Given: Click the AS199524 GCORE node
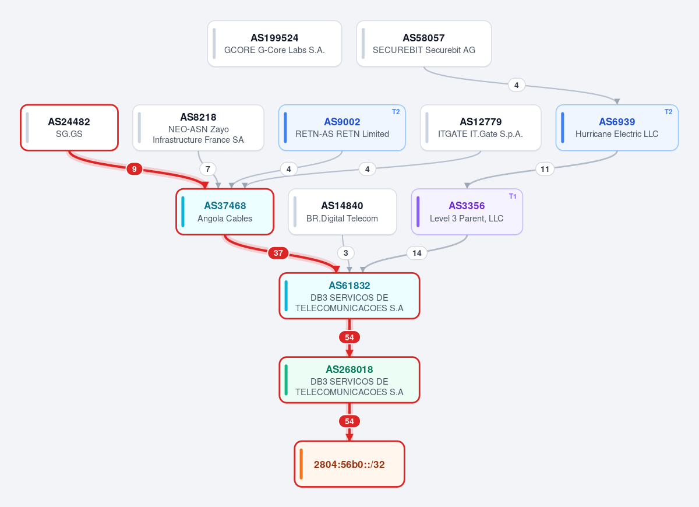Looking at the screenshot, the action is (x=274, y=43).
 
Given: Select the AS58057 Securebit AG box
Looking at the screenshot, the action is (x=424, y=43).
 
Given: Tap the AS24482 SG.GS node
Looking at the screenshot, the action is (x=69, y=128).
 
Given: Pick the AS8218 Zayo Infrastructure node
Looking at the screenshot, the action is (x=198, y=128).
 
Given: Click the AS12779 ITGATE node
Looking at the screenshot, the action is (x=481, y=128).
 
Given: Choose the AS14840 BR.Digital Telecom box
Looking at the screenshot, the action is (x=343, y=212).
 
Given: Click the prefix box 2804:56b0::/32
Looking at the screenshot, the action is (x=349, y=464).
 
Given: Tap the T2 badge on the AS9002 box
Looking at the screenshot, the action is (x=396, y=112).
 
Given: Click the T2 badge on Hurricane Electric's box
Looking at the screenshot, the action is (x=669, y=112).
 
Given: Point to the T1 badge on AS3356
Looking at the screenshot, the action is (x=513, y=196).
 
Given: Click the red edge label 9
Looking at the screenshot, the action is (x=134, y=169).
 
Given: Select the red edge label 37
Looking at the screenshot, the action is (x=278, y=253).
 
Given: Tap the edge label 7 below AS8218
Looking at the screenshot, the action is (x=208, y=169).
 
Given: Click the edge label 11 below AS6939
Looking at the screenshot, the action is (x=545, y=169).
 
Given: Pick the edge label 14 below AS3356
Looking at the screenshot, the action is (x=417, y=253).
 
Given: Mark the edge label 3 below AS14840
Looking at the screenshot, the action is (x=346, y=253).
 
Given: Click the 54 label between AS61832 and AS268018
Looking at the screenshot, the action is (x=349, y=337).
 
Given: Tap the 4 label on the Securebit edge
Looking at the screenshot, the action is (x=517, y=85).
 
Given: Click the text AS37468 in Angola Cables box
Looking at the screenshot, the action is (x=225, y=206).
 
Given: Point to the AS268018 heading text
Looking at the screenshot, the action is (x=349, y=369).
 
